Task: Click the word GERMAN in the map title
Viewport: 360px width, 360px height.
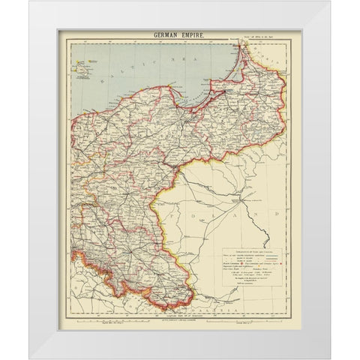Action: (x=166, y=35)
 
